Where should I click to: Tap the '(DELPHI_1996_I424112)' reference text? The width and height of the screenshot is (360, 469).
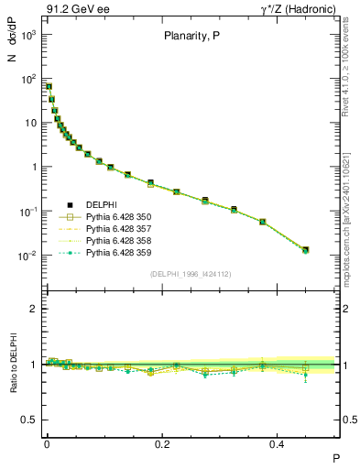tap(191, 274)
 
